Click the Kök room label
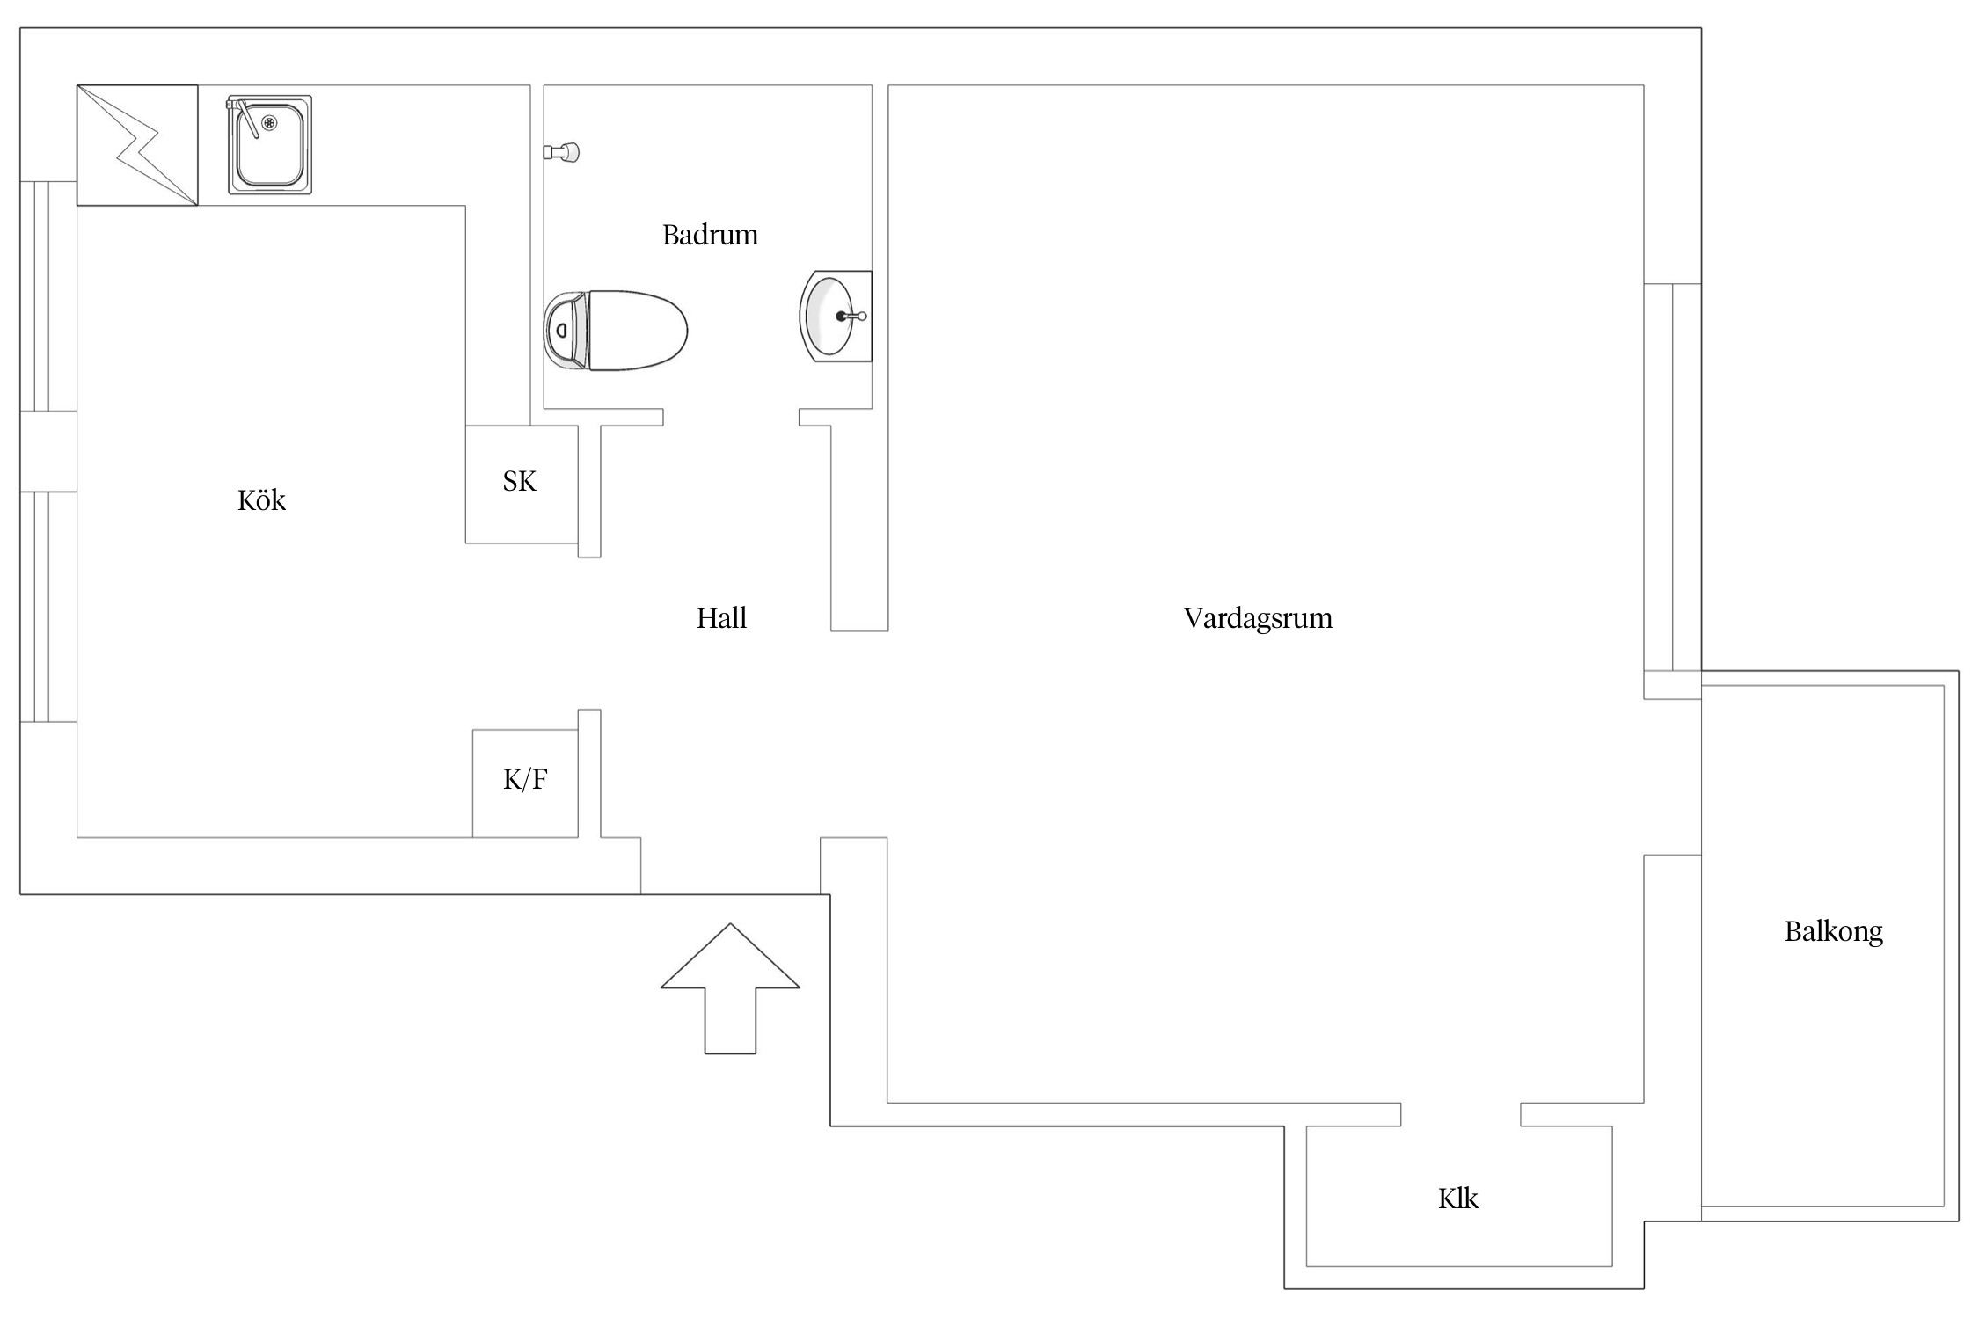tap(261, 500)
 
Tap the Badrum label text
tap(710, 235)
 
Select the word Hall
tap(721, 618)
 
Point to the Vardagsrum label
tap(1258, 618)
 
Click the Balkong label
tap(1833, 931)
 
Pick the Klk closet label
tap(1457, 1199)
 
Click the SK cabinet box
tap(521, 484)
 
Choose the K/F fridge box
tap(525, 783)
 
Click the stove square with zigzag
tap(137, 145)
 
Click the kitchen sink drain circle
tap(269, 122)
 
